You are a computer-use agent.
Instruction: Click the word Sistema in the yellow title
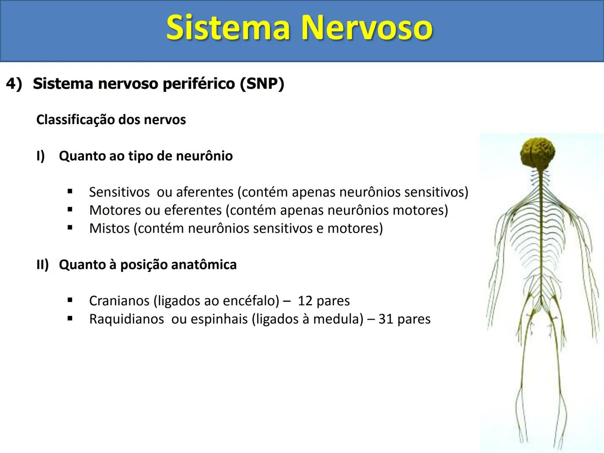click(x=228, y=28)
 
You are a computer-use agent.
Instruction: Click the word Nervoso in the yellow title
click(x=367, y=28)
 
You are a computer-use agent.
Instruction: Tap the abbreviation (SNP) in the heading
click(x=262, y=83)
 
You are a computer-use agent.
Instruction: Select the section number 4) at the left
click(x=14, y=83)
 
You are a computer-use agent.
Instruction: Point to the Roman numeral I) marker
click(x=40, y=156)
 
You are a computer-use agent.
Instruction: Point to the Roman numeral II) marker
click(x=42, y=265)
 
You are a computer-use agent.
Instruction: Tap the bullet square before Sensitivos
click(x=70, y=192)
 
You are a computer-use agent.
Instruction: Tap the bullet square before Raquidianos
click(x=70, y=319)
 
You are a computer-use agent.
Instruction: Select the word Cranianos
click(x=119, y=301)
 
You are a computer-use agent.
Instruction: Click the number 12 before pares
click(x=305, y=301)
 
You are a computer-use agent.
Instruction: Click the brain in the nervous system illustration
click(x=538, y=153)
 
